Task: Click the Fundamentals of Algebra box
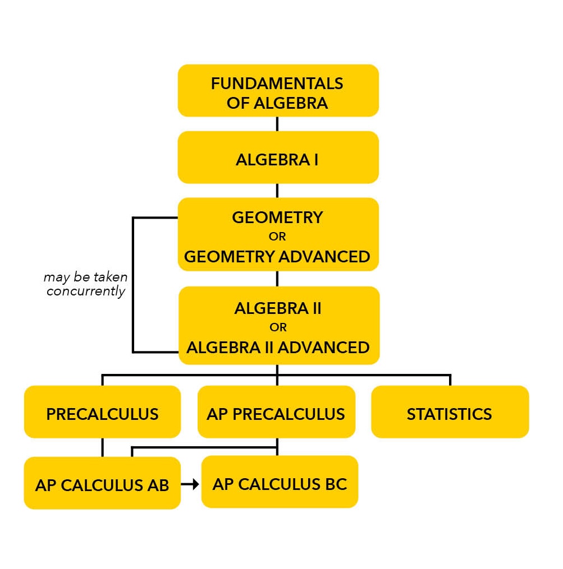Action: [x=278, y=91]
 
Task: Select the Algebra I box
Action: [x=278, y=157]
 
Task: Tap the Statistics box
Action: [x=450, y=412]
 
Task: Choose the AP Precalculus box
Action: [x=276, y=412]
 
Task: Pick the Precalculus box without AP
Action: [x=103, y=412]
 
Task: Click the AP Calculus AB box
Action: [x=103, y=483]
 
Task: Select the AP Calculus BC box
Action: [x=280, y=482]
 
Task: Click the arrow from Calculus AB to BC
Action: [x=190, y=484]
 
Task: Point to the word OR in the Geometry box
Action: [x=277, y=237]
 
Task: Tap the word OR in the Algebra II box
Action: [x=278, y=327]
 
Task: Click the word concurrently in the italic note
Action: [x=86, y=292]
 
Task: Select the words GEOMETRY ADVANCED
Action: [x=277, y=257]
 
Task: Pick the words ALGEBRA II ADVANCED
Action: [x=278, y=347]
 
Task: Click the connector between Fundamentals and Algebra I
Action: [x=277, y=124]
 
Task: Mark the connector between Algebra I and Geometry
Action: [x=277, y=191]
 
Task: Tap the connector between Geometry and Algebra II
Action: [x=277, y=279]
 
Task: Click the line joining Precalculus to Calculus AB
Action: [x=103, y=447]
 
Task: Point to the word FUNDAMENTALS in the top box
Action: [x=277, y=84]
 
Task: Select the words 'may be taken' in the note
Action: [x=86, y=277]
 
